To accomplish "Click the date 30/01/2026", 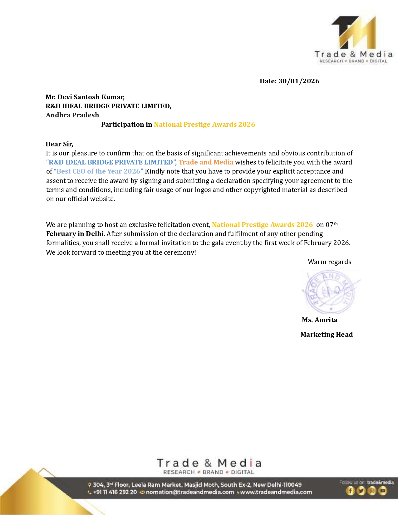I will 299,81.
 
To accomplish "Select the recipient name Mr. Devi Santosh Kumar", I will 85,97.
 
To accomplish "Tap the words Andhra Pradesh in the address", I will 72,115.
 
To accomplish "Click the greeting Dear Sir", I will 59,144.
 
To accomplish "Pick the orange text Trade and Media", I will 206,162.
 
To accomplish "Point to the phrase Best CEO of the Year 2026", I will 98,171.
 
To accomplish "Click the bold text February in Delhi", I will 75,234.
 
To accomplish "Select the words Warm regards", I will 329,262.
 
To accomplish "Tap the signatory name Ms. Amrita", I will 320,320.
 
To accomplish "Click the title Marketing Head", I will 327,335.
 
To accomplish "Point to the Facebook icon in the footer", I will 350,491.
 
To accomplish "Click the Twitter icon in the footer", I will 361,491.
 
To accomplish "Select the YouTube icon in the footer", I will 383,491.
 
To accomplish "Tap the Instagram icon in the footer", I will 372,491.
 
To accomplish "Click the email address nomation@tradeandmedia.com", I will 190,492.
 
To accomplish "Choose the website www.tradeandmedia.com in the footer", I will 276,492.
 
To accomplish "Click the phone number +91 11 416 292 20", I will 115,492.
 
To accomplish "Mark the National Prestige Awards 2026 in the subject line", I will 204,125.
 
